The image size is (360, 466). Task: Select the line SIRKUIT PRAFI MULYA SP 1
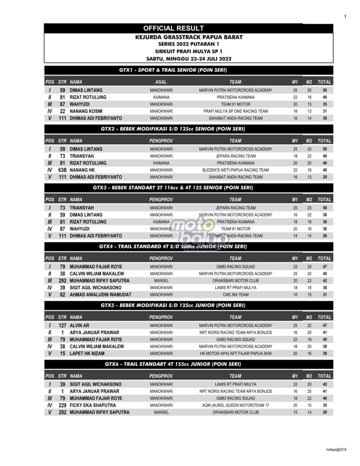(x=188, y=51)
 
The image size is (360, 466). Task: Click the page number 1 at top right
(x=345, y=17)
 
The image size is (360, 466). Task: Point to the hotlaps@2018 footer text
(x=336, y=450)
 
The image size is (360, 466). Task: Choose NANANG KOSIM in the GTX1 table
(x=86, y=111)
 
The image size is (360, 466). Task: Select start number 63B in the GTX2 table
(x=62, y=170)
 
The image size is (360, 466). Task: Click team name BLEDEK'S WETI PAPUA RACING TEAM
(x=235, y=170)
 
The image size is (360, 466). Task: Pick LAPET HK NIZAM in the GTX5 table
(x=87, y=354)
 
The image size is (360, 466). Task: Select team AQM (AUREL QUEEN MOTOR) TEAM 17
(x=235, y=405)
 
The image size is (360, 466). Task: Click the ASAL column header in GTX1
(x=161, y=82)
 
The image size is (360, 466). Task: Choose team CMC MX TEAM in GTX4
(x=235, y=294)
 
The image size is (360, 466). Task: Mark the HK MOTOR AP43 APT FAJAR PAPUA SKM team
(x=235, y=354)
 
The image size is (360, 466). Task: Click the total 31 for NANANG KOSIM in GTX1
(x=325, y=111)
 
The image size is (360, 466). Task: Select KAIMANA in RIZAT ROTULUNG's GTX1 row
(x=161, y=97)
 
